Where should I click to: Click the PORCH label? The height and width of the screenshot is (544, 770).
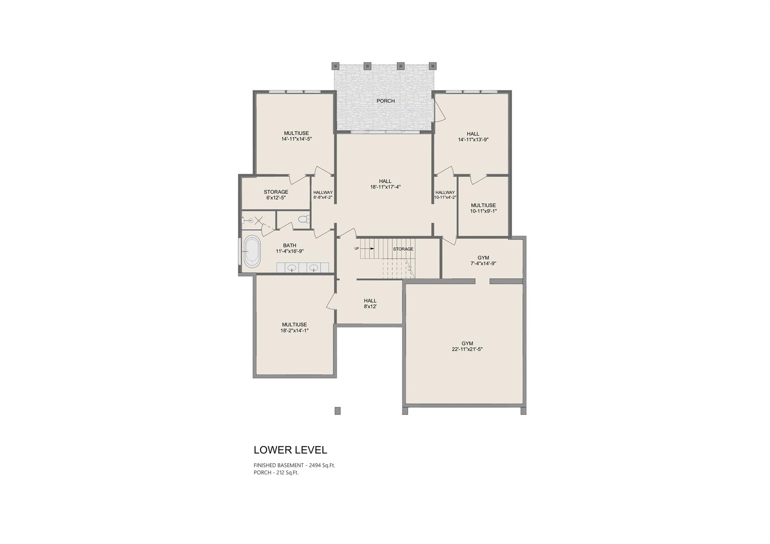coord(385,101)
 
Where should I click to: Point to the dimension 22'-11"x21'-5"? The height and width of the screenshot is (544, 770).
coord(467,349)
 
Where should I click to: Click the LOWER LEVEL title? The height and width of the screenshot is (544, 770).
coord(290,450)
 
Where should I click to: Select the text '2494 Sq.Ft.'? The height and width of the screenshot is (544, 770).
coord(322,465)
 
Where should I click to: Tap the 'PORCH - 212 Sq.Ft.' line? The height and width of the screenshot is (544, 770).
coord(276,473)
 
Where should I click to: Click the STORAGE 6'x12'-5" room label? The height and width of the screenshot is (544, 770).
coord(276,195)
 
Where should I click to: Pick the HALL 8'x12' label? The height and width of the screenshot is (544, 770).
coord(370,303)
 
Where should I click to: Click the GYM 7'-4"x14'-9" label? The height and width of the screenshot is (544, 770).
coord(483,261)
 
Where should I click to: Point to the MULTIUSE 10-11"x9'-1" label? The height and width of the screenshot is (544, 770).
coord(483,208)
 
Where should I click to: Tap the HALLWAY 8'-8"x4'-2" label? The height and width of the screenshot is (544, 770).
coord(323,194)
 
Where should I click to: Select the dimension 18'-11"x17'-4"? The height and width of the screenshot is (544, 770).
coord(385,187)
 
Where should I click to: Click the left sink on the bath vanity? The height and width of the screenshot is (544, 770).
coord(292,268)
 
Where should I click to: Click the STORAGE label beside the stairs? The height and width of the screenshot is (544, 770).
coord(403,249)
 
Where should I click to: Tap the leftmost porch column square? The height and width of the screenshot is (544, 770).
coord(335,66)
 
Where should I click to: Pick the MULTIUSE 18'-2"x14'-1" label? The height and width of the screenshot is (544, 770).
coord(294,327)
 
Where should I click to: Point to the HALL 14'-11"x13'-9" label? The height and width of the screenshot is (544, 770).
coord(473,136)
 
